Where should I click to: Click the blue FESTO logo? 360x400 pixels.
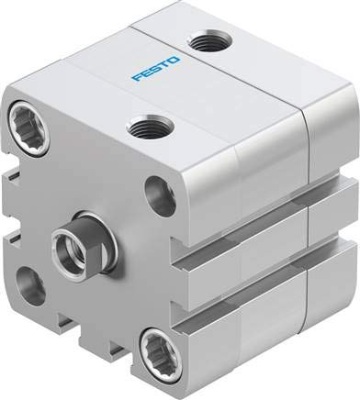coord(156,68)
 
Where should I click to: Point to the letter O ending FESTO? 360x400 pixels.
coord(174,60)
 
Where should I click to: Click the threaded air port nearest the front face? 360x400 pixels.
coord(150,127)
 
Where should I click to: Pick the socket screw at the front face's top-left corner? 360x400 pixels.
coord(28,129)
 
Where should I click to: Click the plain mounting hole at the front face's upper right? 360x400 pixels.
coord(160,196)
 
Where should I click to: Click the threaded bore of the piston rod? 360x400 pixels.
coord(66,247)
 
